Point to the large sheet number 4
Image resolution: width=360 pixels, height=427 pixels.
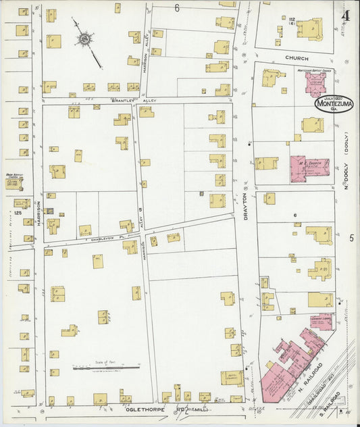tap(345, 16)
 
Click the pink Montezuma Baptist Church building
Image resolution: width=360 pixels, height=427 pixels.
tap(314, 83)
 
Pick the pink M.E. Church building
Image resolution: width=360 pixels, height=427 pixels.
tap(309, 168)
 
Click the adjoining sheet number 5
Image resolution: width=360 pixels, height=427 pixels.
tap(352, 238)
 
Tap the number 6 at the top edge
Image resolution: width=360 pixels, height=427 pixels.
tap(177, 8)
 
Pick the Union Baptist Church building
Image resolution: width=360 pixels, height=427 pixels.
tap(14, 183)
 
